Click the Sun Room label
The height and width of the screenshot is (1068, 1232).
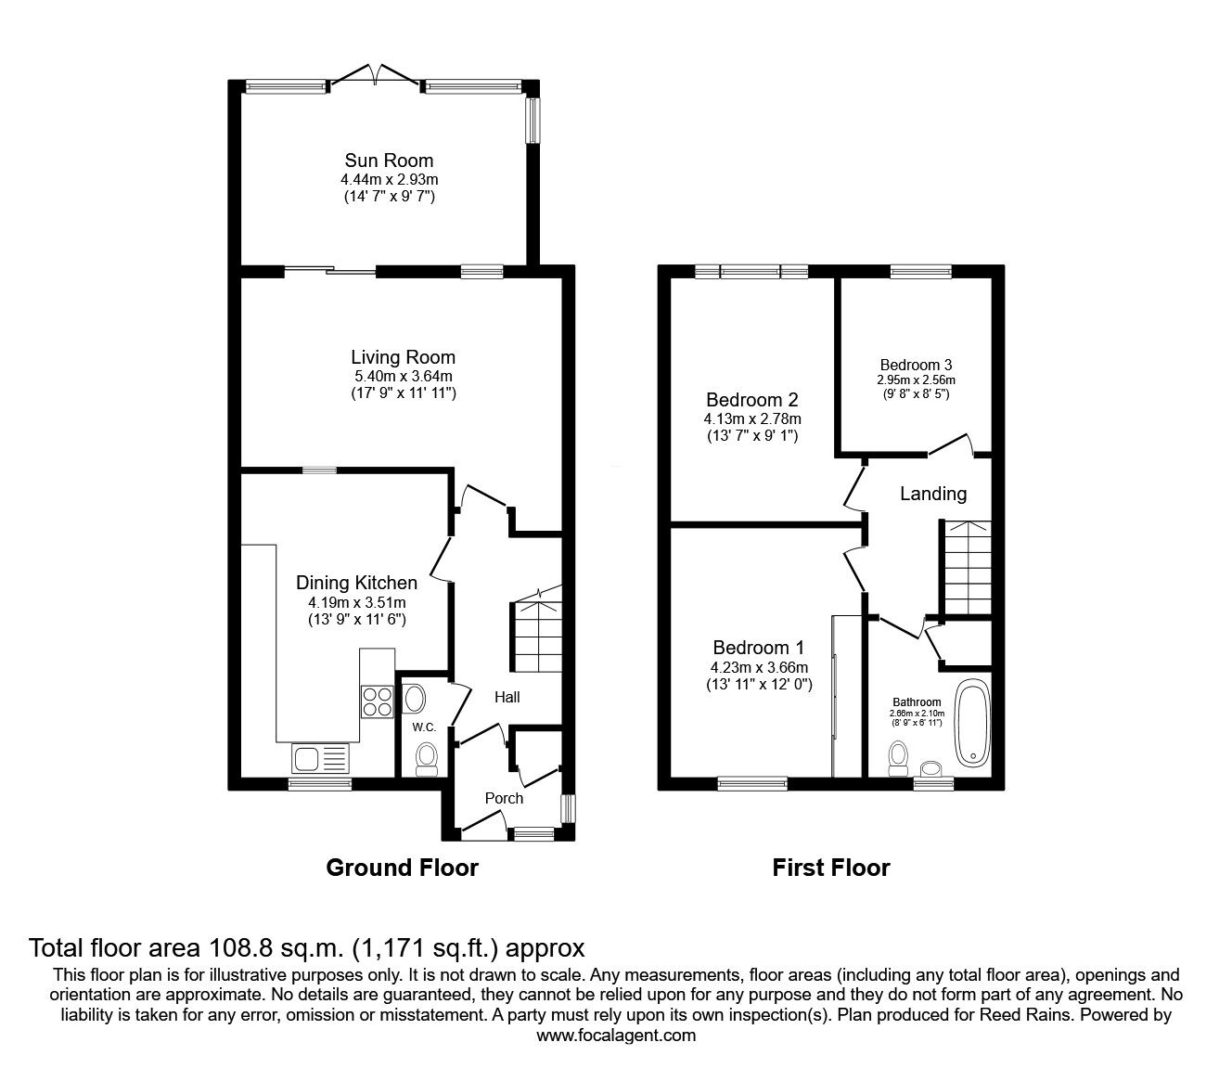[x=389, y=161]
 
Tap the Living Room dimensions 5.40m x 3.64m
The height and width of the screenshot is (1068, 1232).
[x=403, y=377]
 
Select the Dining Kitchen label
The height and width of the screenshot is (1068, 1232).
[x=356, y=583]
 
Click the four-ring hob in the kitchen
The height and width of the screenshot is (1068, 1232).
[x=378, y=701]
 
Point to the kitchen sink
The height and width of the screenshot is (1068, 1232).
[x=321, y=759]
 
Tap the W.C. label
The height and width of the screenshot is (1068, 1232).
[x=424, y=727]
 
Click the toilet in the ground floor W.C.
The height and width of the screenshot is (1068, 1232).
[x=426, y=760]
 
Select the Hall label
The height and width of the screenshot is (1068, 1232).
[x=507, y=697]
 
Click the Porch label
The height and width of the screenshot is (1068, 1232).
[x=504, y=799]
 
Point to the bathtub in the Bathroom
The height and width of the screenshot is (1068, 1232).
[x=972, y=724]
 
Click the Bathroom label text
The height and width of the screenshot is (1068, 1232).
[x=917, y=702]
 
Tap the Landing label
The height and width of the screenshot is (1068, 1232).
[x=932, y=494]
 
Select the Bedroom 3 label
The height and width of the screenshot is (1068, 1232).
[x=916, y=365]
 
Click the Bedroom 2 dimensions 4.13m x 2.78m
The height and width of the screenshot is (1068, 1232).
[x=752, y=418]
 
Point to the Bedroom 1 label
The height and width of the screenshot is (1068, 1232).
[x=758, y=648]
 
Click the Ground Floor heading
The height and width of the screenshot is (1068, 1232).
[x=403, y=868]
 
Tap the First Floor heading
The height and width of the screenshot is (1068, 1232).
[x=831, y=868]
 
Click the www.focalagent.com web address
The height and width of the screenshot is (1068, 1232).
[x=616, y=1036]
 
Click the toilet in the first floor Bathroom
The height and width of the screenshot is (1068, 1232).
[x=898, y=758]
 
